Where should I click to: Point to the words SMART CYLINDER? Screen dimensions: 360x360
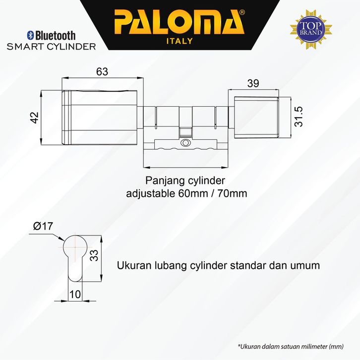[51, 47]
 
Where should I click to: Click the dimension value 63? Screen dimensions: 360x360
[102, 71]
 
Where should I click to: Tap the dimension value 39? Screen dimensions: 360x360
[253, 84]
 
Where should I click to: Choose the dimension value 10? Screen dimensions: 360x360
[75, 294]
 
